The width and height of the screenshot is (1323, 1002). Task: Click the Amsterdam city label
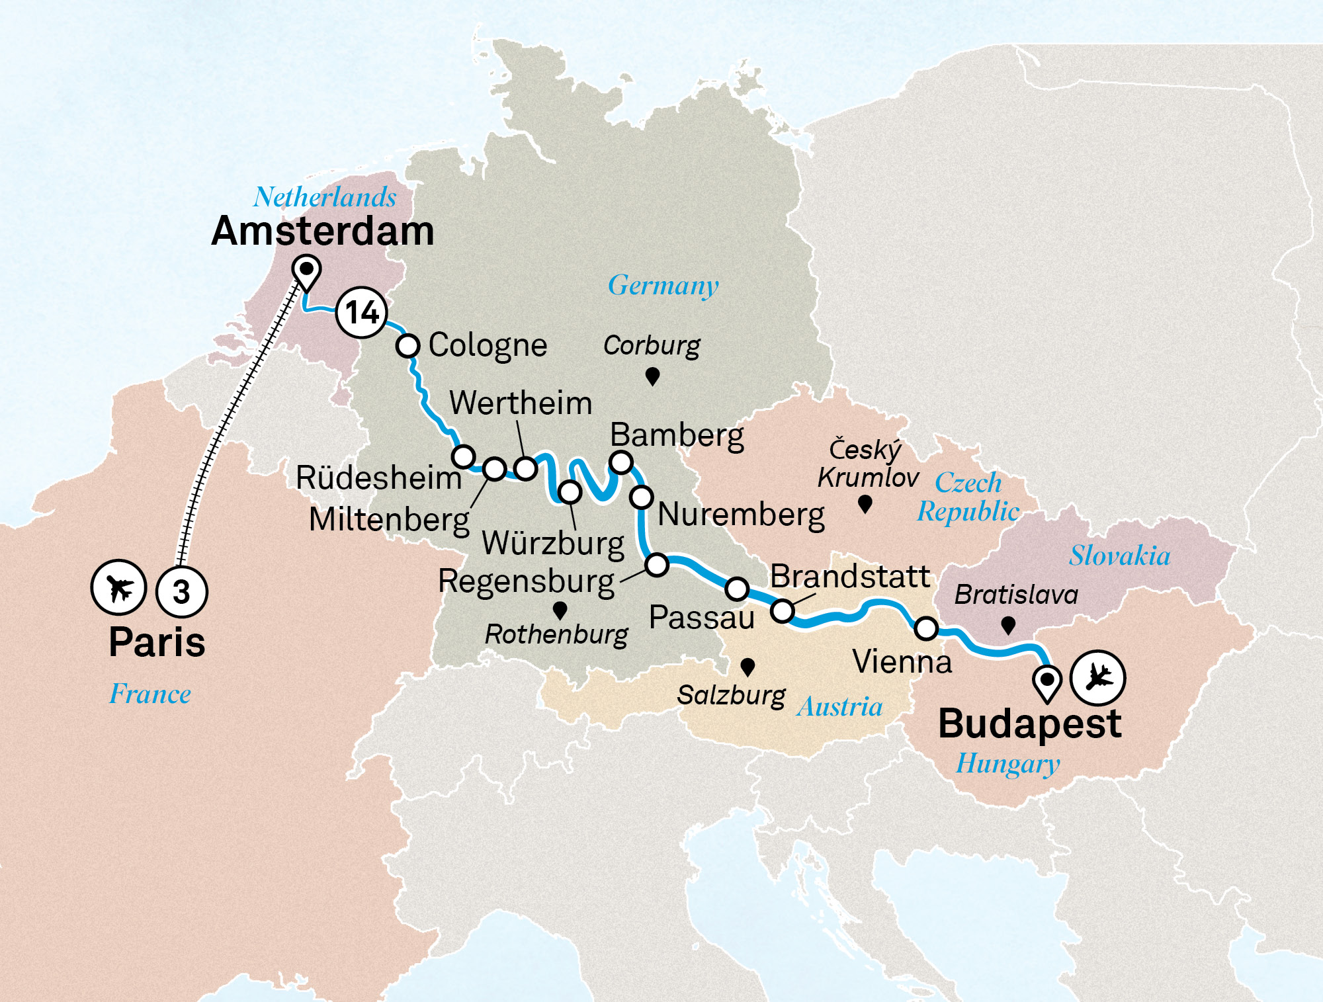pos(323,231)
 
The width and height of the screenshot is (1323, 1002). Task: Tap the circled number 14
pos(361,312)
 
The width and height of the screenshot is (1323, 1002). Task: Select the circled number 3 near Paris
pos(181,591)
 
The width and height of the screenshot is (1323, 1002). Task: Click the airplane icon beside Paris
pos(118,587)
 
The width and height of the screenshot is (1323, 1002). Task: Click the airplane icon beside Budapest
pos(1097,677)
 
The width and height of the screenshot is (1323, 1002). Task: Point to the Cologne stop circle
pos(407,345)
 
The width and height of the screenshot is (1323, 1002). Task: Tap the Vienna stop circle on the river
pos(926,628)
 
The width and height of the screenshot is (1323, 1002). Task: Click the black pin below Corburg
pos(652,376)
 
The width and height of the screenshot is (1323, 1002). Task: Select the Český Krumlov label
pos(867,463)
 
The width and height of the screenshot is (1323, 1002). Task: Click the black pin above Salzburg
pos(747,666)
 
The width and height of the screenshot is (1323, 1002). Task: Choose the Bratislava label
pos(1016,595)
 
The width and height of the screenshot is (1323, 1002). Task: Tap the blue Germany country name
pos(663,286)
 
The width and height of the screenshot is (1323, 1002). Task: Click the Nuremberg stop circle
pos(641,497)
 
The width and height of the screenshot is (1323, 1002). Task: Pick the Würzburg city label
pos(553,544)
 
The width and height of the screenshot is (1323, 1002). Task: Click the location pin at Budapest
pos(1047,682)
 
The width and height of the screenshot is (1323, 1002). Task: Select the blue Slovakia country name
pos(1119,556)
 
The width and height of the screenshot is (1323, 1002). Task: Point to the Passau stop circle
pos(737,588)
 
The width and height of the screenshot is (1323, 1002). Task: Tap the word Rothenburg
pos(556,635)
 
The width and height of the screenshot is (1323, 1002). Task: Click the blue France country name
pos(150,694)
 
